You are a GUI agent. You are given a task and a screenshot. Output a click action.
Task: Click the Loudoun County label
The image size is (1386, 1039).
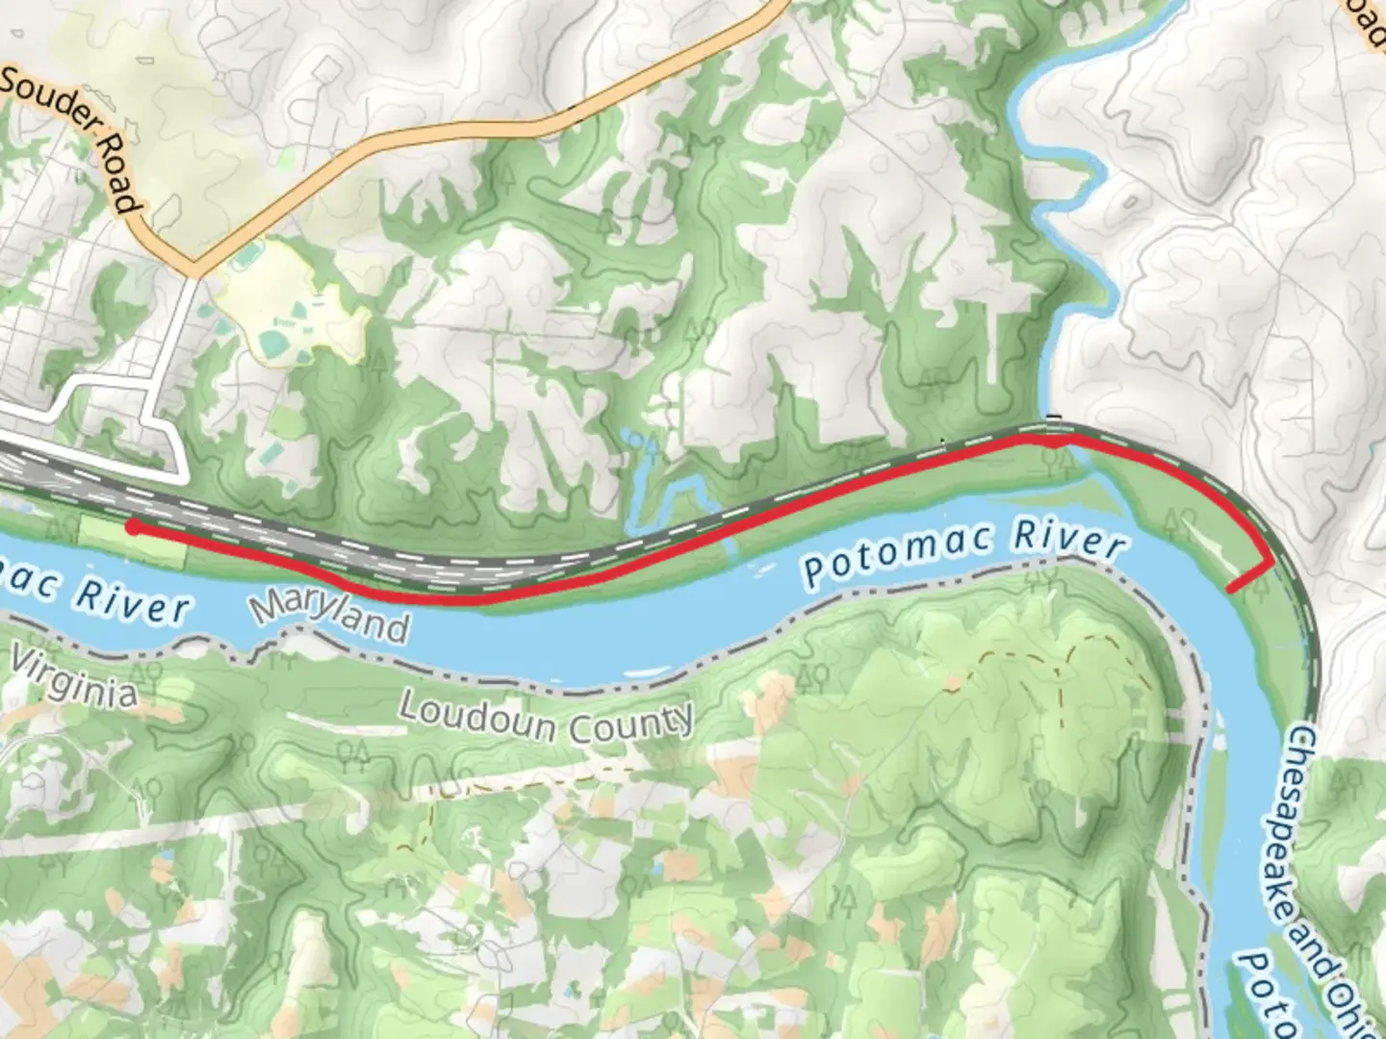pyautogui.click(x=545, y=718)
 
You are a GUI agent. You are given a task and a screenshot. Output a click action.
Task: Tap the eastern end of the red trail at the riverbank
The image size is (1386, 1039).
pyautogui.click(x=1231, y=589)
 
